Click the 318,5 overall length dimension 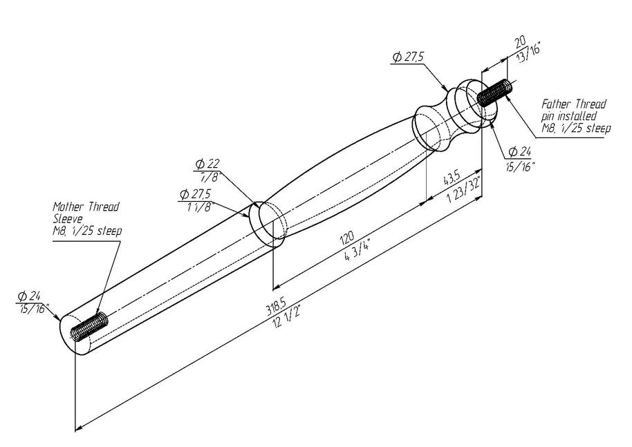click(273, 308)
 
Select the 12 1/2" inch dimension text click(286, 318)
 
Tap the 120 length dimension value click(346, 238)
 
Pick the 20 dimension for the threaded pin click(521, 41)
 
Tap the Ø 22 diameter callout click(207, 164)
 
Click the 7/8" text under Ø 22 click(208, 176)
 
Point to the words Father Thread click(573, 104)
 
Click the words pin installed click(568, 116)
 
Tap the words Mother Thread click(86, 207)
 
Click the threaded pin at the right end click(494, 93)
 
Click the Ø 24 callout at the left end click(29, 296)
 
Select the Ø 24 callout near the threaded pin click(519, 152)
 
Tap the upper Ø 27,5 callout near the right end click(407, 57)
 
